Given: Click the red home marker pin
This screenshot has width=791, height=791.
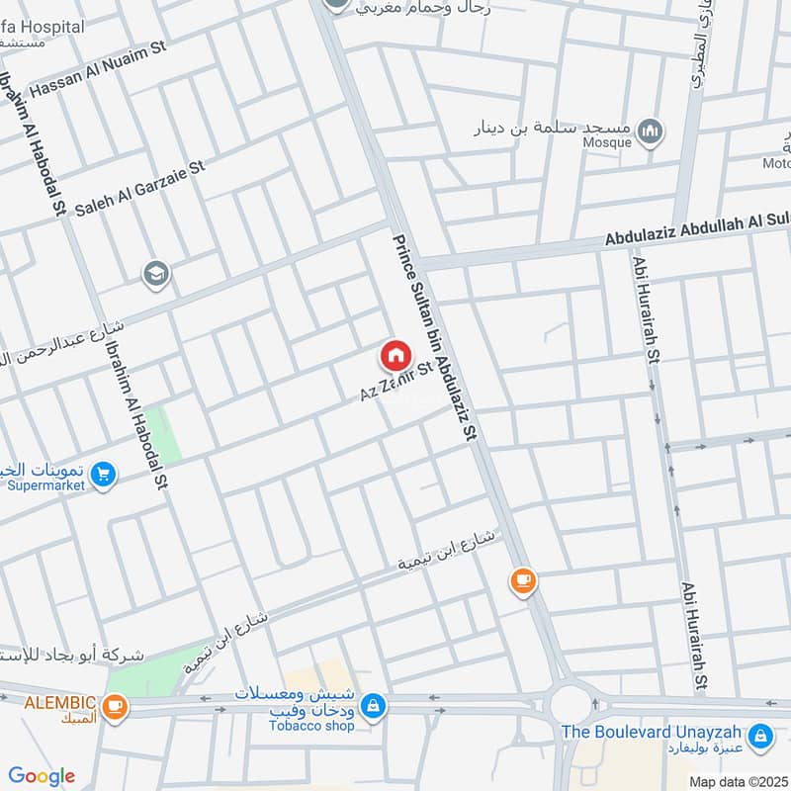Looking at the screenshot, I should tap(395, 355).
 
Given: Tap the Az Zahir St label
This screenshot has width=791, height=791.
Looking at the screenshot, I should tap(396, 382).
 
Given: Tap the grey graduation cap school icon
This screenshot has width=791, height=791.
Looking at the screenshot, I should tap(155, 274).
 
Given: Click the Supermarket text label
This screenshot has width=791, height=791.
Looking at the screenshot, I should tap(46, 485).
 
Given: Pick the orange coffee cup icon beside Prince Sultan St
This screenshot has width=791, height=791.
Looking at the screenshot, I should tap(523, 581).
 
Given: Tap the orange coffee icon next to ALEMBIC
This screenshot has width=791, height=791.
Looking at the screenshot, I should tap(116, 707).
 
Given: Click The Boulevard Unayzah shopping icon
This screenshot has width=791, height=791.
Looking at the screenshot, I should tap(759, 736).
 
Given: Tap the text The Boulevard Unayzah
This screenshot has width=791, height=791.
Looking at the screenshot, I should tap(653, 733).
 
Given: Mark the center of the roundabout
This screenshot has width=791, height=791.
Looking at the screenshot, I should tap(570, 705).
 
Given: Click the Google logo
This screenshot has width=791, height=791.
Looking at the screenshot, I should tap(43, 776).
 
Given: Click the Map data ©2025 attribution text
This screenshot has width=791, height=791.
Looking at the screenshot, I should tap(737, 782).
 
